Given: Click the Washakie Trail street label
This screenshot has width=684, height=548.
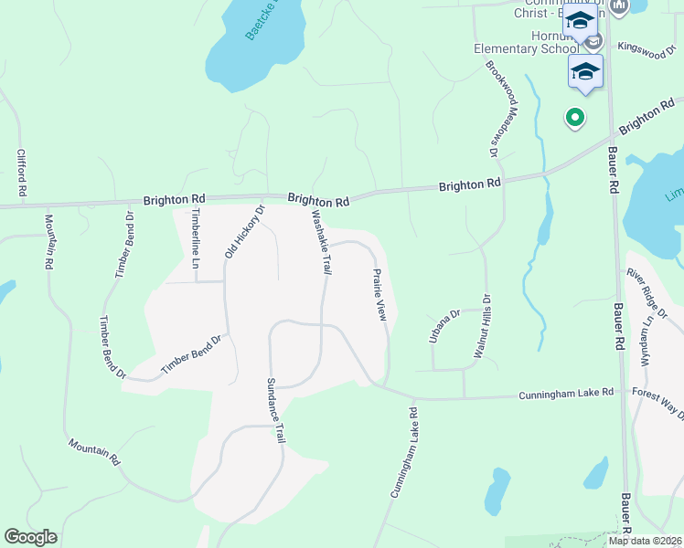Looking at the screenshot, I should pyautogui.click(x=321, y=242).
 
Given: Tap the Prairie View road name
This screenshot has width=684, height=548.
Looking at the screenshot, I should pyautogui.click(x=379, y=294).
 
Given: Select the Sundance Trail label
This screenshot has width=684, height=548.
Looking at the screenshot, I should pyautogui.click(x=276, y=411).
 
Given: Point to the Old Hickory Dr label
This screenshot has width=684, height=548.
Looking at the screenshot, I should pyautogui.click(x=244, y=230).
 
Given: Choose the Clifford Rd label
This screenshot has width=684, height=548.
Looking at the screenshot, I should pyautogui.click(x=21, y=174).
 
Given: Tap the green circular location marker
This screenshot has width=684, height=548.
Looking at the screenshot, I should pyautogui.click(x=575, y=116).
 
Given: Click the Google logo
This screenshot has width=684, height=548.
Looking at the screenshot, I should pyautogui.click(x=30, y=537).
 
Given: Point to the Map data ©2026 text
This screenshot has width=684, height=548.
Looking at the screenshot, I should pyautogui.click(x=646, y=541).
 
